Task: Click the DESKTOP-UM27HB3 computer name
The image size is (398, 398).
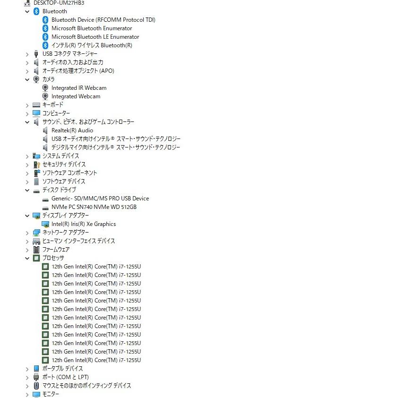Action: click(59, 3)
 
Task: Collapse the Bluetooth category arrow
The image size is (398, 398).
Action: click(27, 11)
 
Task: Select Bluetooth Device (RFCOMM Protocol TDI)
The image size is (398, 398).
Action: click(104, 20)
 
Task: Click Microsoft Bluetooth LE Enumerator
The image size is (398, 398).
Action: click(95, 37)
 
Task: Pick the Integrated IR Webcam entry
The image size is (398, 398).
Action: click(79, 88)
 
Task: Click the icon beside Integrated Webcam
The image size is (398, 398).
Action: click(45, 96)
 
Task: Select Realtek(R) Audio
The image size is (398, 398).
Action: click(72, 130)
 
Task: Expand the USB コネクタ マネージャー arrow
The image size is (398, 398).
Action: click(27, 54)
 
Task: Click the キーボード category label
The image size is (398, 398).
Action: click(53, 105)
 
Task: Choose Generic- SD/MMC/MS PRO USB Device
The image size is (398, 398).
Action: click(100, 199)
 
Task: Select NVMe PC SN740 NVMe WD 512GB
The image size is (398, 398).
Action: click(94, 207)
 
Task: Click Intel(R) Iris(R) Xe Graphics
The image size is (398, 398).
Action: click(84, 224)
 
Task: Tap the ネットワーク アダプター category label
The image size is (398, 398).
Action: click(66, 233)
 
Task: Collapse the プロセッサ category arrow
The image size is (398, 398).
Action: click(27, 259)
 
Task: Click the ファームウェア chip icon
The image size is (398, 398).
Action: click(36, 250)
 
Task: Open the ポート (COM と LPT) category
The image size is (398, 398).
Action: click(66, 377)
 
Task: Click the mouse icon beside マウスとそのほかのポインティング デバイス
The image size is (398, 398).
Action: click(36, 386)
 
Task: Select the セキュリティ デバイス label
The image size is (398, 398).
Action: click(64, 164)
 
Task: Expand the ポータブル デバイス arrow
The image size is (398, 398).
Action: click(27, 369)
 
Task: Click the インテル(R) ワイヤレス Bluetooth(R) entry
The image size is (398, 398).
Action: click(92, 45)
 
